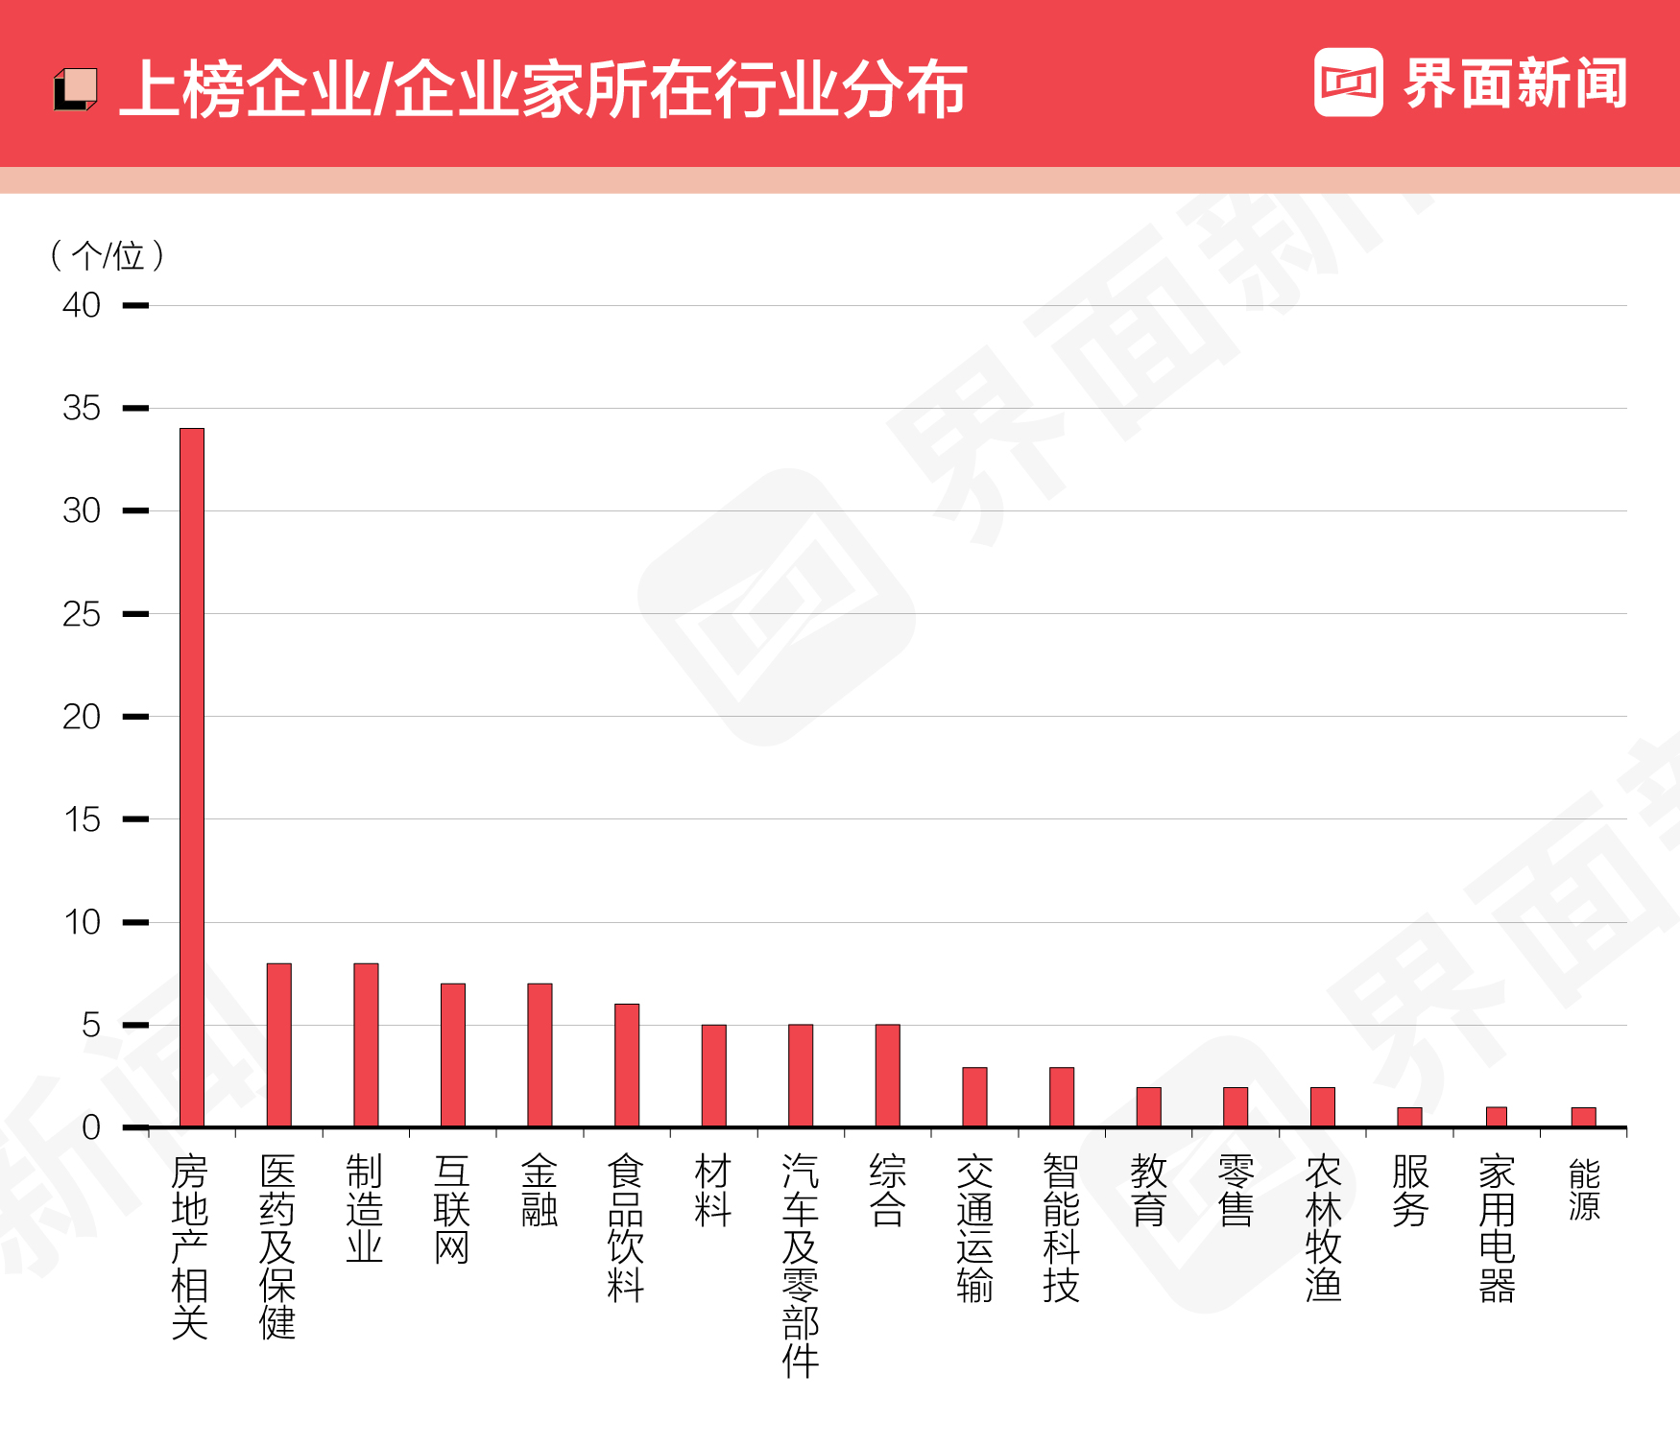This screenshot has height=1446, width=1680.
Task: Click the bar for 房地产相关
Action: click(192, 777)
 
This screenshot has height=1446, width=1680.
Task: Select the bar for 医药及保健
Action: click(279, 1045)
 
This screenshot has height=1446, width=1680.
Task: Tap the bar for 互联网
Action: click(453, 1055)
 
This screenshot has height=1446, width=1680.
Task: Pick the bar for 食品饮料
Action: click(627, 1065)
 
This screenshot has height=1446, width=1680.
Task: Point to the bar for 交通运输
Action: click(974, 1097)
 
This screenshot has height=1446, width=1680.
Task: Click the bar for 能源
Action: click(1584, 1117)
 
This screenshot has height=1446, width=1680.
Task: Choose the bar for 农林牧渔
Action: click(1323, 1106)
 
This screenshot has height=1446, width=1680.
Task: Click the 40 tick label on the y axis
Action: click(82, 305)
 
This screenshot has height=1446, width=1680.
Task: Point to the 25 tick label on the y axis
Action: click(82, 614)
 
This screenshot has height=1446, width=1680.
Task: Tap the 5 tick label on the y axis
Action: click(90, 1025)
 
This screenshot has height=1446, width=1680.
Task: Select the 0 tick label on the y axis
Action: click(90, 1127)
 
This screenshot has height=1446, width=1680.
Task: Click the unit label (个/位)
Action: click(108, 255)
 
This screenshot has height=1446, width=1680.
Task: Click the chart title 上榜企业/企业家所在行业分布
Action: click(543, 89)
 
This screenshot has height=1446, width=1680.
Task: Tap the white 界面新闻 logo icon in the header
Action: click(1348, 83)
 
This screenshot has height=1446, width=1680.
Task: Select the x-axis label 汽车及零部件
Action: click(801, 1266)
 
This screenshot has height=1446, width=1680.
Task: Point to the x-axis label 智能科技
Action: click(1062, 1228)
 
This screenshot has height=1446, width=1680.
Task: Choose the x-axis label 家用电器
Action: click(1497, 1228)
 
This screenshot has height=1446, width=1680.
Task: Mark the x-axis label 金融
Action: click(540, 1191)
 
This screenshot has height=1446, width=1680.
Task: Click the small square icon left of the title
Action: click(75, 89)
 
